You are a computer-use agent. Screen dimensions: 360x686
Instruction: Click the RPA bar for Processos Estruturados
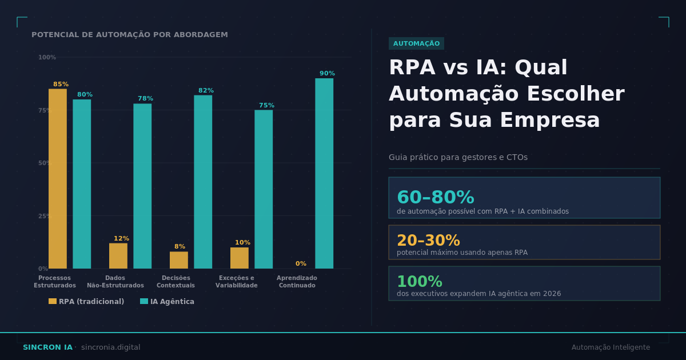coord(58,178)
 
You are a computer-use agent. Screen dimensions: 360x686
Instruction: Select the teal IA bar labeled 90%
coord(324,173)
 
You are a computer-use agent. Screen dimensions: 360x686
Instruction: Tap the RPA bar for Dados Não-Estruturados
coord(118,256)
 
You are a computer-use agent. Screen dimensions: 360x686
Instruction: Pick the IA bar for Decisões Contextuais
coord(203,182)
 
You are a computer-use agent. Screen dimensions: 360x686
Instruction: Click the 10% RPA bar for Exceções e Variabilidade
coord(240,258)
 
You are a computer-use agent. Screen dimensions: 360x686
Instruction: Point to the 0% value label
coord(301,264)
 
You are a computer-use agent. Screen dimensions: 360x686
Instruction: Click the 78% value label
coord(145,99)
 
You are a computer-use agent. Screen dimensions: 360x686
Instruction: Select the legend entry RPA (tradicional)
coord(86,302)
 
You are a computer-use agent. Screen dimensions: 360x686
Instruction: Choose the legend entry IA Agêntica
coord(167,302)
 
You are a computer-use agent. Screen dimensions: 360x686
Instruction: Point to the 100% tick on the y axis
coord(47,58)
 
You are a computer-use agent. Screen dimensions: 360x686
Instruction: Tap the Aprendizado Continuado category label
coord(297,282)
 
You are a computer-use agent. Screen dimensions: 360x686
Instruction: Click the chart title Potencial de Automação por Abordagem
coord(130,35)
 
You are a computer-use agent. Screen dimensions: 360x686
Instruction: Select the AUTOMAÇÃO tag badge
coord(416,43)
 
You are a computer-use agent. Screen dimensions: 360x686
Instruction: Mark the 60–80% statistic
coord(435,198)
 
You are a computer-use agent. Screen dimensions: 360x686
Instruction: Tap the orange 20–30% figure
coord(428,241)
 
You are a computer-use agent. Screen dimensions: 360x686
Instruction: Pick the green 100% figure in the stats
coord(420,282)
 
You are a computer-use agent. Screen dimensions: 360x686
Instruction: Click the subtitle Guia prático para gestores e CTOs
coord(458,158)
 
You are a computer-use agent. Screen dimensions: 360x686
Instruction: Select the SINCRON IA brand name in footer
coord(47,347)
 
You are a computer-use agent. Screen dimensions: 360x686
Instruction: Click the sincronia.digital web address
coord(110,347)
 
